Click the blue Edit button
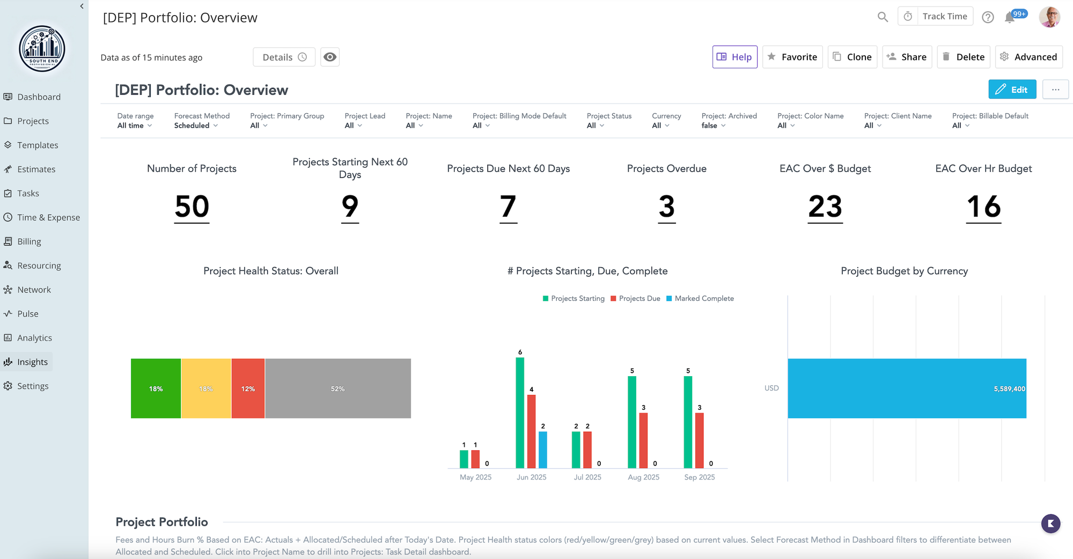[x=1012, y=90]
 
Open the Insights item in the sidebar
[x=32, y=362]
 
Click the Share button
[x=907, y=57]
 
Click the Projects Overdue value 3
[x=666, y=207]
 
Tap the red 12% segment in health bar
[x=248, y=388]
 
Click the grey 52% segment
[x=338, y=388]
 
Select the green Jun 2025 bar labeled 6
[x=520, y=413]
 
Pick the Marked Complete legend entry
[x=700, y=298]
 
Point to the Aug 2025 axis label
[x=643, y=477]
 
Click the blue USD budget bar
[x=907, y=388]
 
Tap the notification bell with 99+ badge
[x=1010, y=17]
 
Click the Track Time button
[x=936, y=17]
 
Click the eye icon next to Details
[x=330, y=57]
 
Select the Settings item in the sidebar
[x=32, y=386]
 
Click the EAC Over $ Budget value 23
[x=825, y=207]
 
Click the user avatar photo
[x=1049, y=17]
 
